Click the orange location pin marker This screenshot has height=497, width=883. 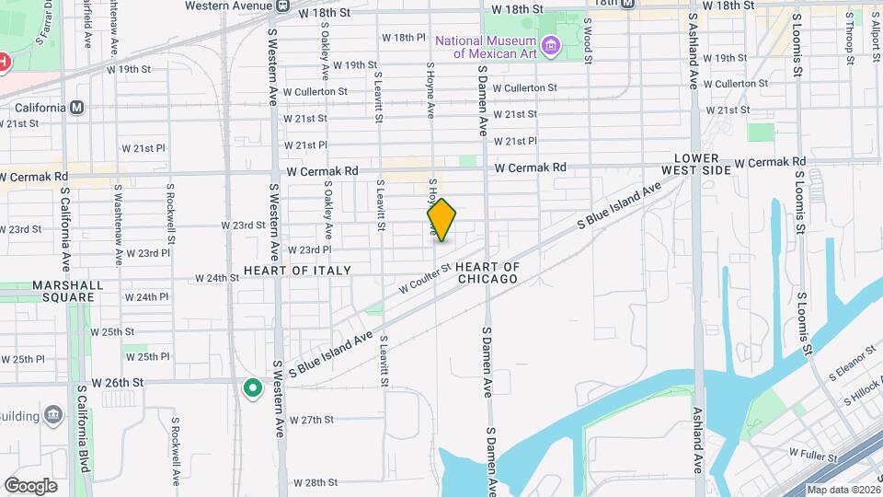442,219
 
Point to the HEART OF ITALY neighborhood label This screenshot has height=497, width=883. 297,271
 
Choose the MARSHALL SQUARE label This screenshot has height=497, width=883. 63,291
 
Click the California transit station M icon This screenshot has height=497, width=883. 77,107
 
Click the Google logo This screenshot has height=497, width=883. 30,485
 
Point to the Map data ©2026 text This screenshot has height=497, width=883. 842,490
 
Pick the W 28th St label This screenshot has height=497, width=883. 316,482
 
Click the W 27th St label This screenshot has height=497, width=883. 311,420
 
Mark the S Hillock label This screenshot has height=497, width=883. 863,395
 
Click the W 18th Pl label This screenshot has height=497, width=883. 404,38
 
